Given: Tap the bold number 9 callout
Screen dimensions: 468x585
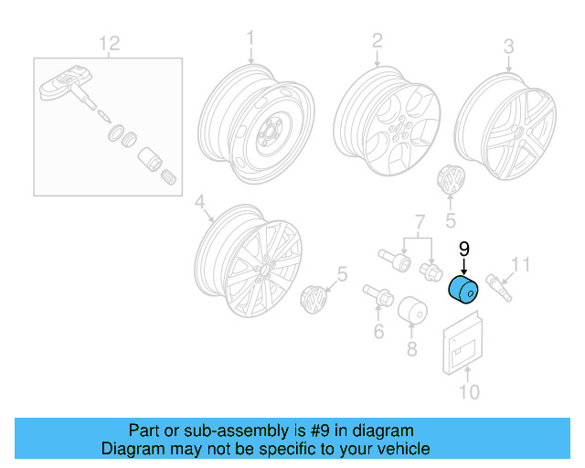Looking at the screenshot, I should pos(463,249).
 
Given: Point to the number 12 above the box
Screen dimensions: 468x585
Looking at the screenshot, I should pos(110,42).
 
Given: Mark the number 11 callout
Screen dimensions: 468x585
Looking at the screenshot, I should pos(520,265).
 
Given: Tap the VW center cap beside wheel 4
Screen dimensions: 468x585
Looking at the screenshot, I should pos(314,301).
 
